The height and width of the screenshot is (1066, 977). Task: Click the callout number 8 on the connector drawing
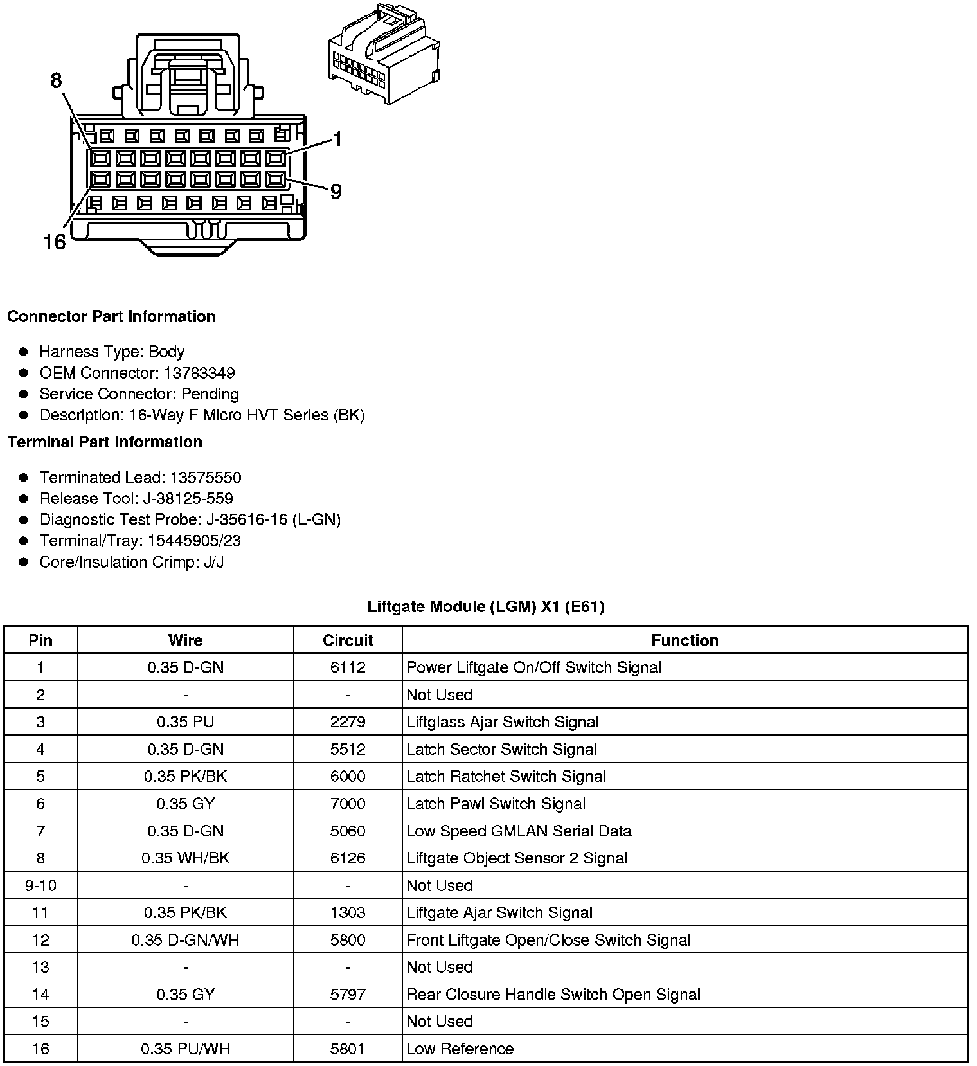pos(57,80)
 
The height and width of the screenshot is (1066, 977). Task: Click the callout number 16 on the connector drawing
pos(55,242)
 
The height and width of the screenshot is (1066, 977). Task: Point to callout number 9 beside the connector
pos(336,192)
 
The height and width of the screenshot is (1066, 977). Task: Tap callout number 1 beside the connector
pos(337,140)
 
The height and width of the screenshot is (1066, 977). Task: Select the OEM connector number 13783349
pos(199,373)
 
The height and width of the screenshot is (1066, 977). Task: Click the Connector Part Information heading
pos(111,316)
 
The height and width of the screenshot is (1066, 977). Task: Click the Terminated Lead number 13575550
pos(206,477)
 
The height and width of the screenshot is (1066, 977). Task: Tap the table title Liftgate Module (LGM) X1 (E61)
pos(486,606)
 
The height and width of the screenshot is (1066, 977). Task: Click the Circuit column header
pos(348,640)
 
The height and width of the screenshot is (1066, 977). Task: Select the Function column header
pos(685,640)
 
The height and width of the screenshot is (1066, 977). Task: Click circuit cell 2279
pos(348,722)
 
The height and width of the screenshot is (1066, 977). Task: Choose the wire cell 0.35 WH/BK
pos(185,858)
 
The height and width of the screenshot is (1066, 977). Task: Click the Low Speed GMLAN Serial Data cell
pos(519,831)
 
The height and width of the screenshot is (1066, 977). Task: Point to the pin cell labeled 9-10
pos(40,885)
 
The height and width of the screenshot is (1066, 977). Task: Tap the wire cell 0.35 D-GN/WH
pos(185,940)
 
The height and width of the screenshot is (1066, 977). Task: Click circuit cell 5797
pos(348,995)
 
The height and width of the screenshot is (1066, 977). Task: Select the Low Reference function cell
pos(460,1049)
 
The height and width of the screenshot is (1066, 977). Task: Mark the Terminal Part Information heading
pos(105,442)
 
